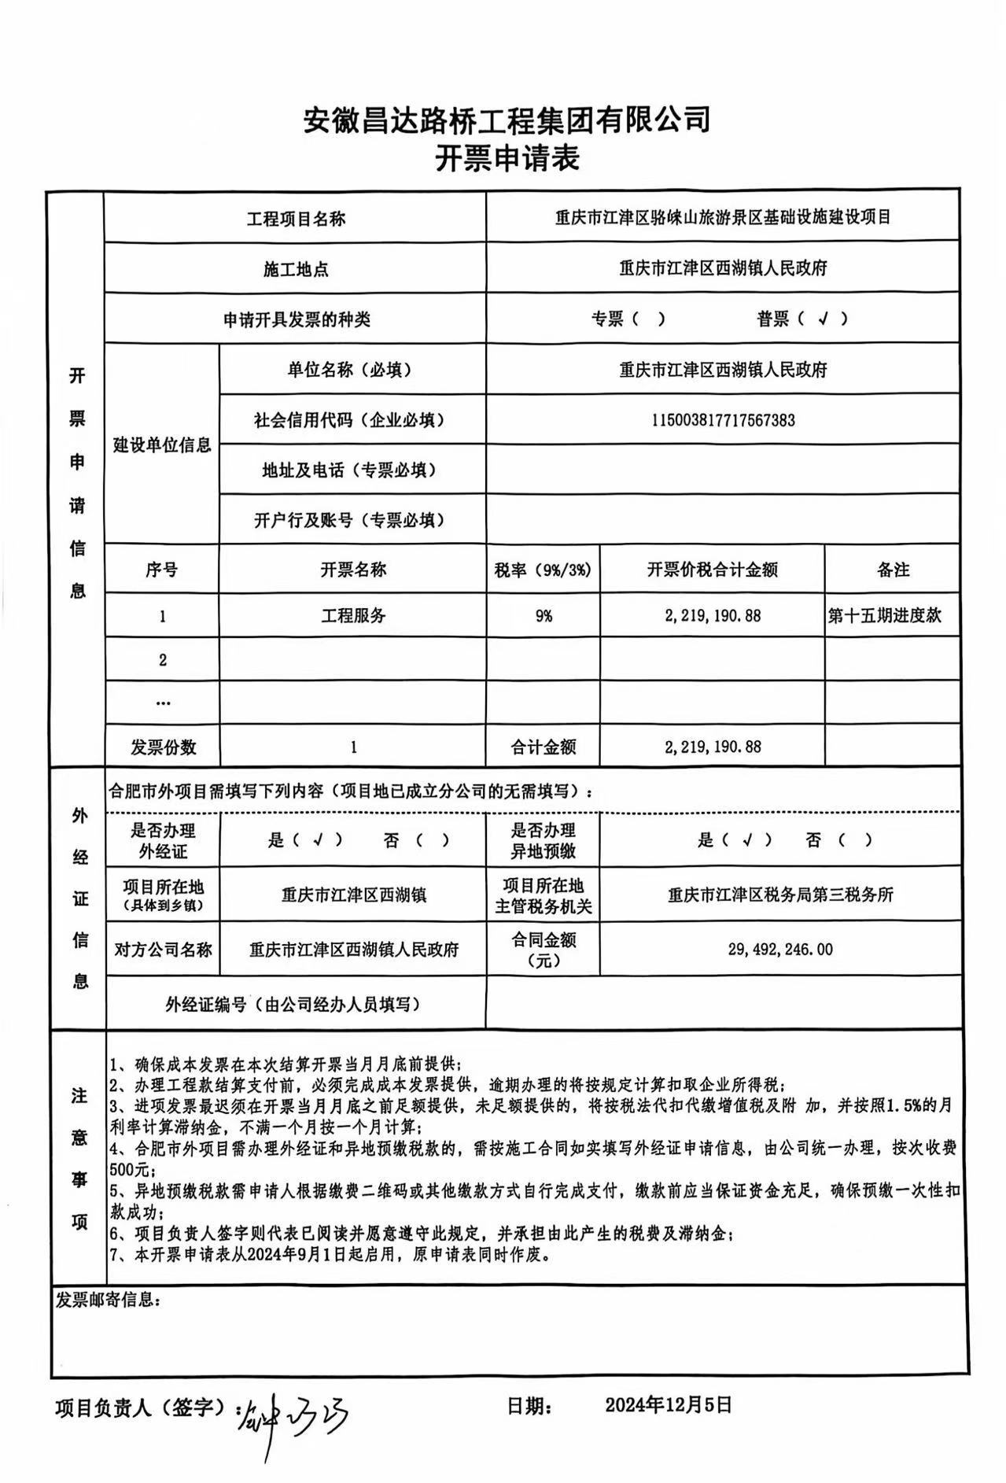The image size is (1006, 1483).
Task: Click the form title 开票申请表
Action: [507, 160]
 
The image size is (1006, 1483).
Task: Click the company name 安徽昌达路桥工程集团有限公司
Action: [507, 120]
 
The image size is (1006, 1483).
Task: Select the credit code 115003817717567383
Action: [722, 420]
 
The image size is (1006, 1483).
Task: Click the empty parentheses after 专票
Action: [649, 319]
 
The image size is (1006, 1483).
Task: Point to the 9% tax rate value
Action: [543, 616]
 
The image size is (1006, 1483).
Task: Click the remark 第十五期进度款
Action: [884, 615]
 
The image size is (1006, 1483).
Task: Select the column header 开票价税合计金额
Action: [712, 570]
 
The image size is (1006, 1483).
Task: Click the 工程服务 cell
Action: [353, 616]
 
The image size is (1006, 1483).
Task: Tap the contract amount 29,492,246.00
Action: [779, 950]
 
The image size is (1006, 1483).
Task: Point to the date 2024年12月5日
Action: [668, 1404]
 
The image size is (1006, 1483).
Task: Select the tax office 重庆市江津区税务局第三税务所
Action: [779, 895]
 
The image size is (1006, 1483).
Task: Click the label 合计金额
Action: [543, 747]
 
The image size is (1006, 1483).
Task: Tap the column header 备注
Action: [892, 570]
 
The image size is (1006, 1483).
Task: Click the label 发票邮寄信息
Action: [107, 1299]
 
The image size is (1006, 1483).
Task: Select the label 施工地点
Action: [295, 270]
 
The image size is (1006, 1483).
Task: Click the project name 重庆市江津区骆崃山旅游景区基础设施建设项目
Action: [722, 218]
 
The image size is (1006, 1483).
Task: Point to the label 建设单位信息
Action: [162, 445]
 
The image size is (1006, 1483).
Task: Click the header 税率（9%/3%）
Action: [543, 570]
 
